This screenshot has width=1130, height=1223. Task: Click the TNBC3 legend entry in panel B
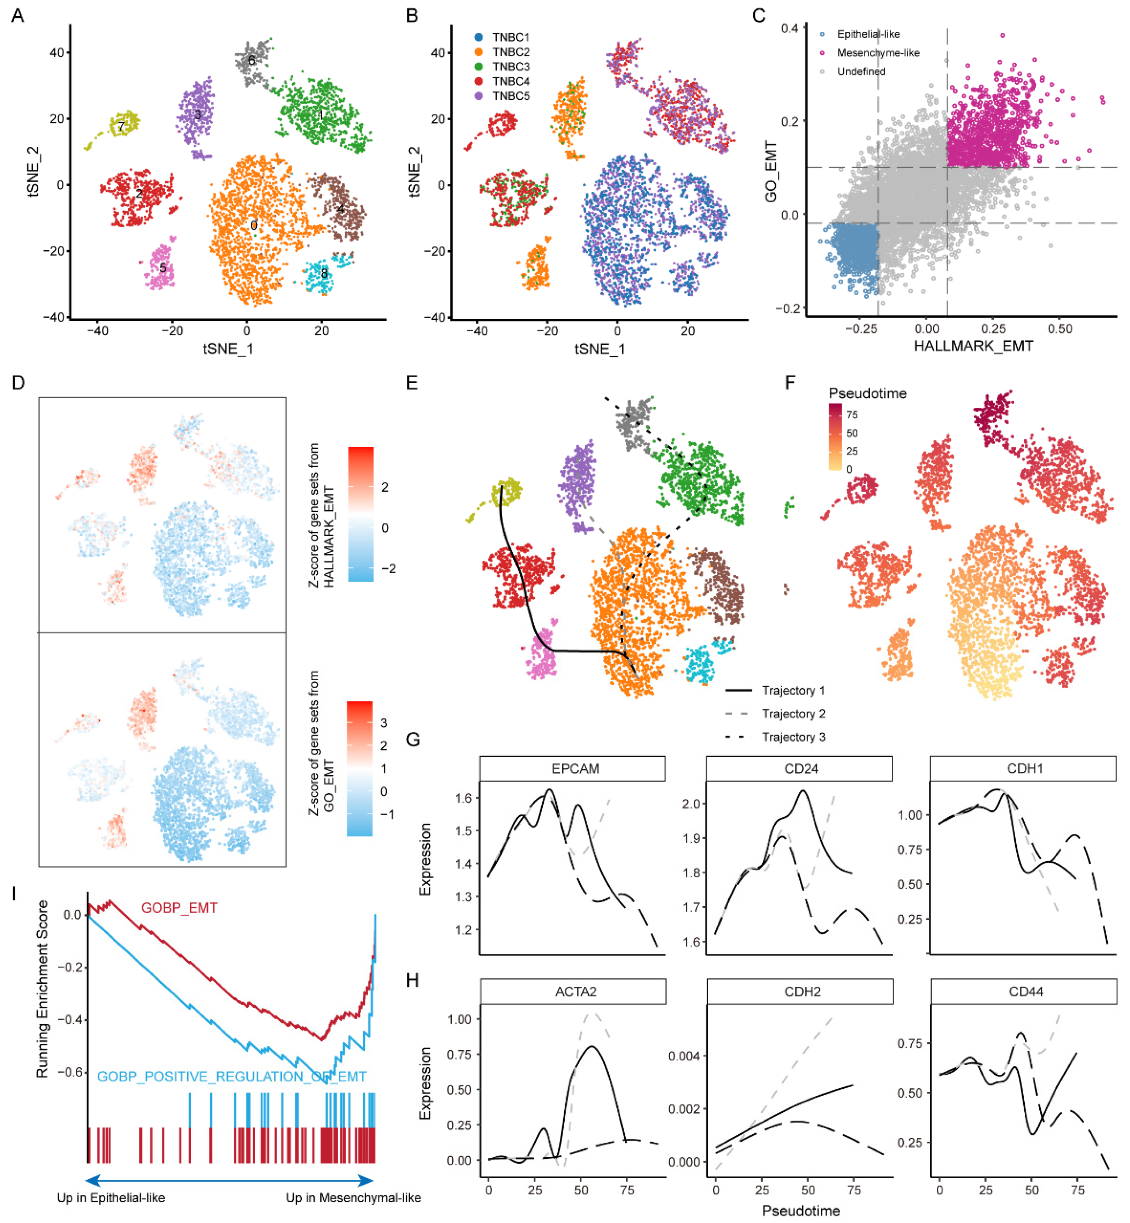point(510,67)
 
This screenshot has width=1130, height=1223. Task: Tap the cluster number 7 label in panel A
point(121,127)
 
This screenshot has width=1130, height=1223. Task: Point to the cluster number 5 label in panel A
point(163,268)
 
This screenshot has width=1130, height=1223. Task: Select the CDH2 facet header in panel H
point(802,991)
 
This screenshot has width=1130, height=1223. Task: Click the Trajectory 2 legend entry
point(793,713)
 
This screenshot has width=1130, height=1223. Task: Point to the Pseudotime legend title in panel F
point(867,393)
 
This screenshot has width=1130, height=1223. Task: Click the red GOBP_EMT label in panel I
point(179,908)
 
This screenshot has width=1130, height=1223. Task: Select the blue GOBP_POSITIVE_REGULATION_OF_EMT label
point(232,1076)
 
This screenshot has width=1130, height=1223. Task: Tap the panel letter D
point(18,383)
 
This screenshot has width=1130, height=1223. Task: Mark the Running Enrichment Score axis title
point(42,988)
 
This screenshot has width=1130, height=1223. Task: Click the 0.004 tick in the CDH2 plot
point(684,1056)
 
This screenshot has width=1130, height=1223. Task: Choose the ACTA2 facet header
point(575,991)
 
